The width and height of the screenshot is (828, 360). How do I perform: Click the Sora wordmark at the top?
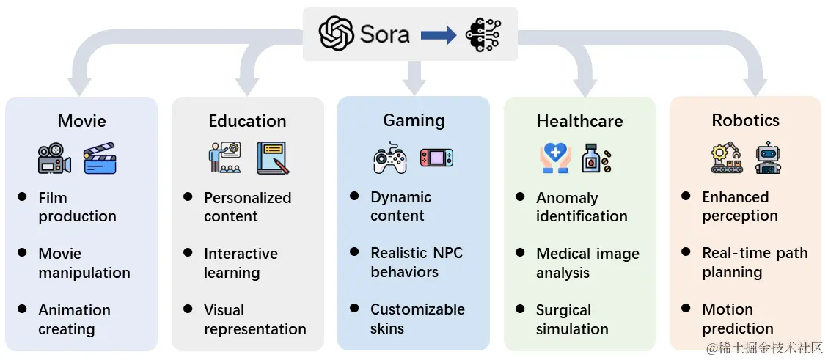pos(384,34)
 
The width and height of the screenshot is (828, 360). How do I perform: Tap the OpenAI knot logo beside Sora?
pos(336,34)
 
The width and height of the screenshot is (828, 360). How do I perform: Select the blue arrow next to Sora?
pos(439,35)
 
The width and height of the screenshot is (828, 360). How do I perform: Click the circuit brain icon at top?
pos(483,34)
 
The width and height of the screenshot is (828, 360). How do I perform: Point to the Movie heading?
pos(82,121)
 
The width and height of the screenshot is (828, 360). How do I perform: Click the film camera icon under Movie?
pos(54,158)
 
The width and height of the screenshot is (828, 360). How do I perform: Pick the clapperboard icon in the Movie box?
pos(99,158)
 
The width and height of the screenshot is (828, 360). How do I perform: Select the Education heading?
pos(247,121)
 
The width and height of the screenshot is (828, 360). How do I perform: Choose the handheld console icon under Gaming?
pos(436,158)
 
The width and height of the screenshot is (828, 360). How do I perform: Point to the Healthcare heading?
pos(579,121)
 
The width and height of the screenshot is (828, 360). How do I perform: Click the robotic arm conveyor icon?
pos(726,158)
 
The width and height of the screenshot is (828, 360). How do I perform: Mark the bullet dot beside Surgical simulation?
pos(520,309)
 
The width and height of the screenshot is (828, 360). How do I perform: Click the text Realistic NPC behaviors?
pos(417,262)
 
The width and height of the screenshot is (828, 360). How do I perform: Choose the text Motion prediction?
pos(738,319)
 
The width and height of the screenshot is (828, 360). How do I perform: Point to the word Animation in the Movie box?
pos(74,310)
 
